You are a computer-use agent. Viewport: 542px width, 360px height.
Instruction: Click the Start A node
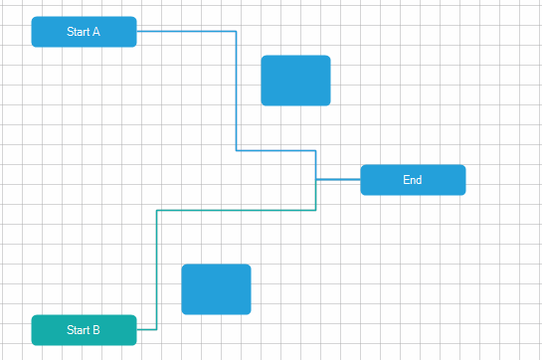[x=84, y=32]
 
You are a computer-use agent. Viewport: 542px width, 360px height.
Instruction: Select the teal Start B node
[x=84, y=330]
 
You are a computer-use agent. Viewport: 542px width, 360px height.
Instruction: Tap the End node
[x=413, y=180]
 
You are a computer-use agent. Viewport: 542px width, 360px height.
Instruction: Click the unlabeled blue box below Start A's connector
[x=295, y=81]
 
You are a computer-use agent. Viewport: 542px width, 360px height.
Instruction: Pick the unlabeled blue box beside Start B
[x=216, y=289]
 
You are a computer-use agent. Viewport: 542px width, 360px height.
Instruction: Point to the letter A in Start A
[x=96, y=32]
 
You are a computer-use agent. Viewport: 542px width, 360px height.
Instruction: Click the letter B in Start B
[x=96, y=330]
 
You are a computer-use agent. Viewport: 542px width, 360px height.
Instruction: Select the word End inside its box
[x=413, y=180]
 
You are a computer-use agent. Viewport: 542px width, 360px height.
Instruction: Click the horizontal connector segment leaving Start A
[x=186, y=31]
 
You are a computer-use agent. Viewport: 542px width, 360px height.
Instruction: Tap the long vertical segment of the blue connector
[x=236, y=90]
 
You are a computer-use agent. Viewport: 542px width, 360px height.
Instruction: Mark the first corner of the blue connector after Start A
[x=236, y=31]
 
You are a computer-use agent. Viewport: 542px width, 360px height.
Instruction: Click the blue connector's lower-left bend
[x=236, y=150]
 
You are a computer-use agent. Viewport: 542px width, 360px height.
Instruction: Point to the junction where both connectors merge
[x=316, y=180]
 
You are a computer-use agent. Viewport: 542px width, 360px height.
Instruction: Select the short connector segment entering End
[x=338, y=180]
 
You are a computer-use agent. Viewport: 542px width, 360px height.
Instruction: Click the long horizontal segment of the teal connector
[x=236, y=210]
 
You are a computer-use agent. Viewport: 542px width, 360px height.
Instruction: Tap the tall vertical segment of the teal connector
[x=157, y=270]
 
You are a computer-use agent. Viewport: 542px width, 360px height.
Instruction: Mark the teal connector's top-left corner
[x=157, y=210]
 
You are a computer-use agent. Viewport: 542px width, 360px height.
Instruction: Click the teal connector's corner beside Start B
[x=157, y=329]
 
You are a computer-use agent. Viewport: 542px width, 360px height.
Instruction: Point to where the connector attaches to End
[x=360, y=180]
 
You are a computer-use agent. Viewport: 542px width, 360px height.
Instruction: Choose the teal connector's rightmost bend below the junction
[x=316, y=210]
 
